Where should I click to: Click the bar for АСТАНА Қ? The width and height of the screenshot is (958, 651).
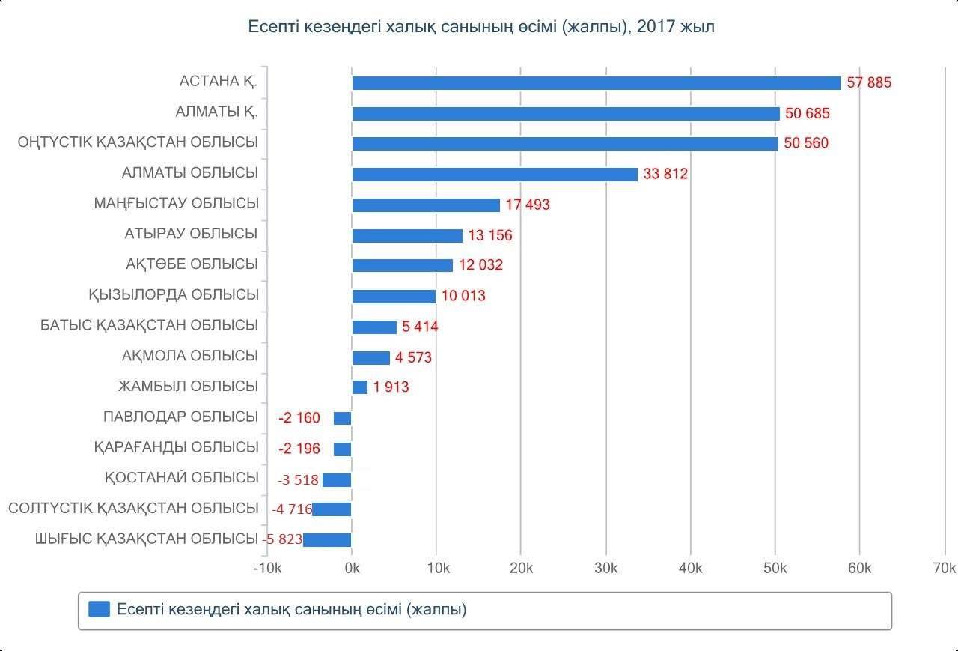(597, 83)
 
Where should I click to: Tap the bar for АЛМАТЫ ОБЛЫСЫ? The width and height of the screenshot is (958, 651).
(495, 175)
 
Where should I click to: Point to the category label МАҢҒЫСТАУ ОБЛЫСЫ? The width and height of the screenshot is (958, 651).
(176, 203)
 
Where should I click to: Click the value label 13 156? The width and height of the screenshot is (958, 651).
(490, 236)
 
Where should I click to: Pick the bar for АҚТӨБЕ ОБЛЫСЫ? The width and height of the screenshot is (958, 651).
(403, 266)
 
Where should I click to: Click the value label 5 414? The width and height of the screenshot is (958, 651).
(420, 327)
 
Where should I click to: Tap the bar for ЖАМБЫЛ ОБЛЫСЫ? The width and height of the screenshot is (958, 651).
(360, 387)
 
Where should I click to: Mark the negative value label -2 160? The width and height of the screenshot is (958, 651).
(299, 418)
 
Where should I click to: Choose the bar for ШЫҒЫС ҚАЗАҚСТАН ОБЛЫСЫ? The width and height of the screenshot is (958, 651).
(327, 540)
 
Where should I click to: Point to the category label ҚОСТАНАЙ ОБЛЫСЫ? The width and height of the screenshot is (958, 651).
(182, 478)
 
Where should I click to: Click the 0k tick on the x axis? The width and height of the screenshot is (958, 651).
(353, 569)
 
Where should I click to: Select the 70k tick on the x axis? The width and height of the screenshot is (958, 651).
(945, 569)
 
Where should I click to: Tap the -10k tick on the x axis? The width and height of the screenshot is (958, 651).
(267, 569)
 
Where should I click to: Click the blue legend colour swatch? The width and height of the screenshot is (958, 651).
(99, 609)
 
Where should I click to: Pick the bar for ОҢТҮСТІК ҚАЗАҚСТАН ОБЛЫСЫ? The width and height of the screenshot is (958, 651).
(565, 144)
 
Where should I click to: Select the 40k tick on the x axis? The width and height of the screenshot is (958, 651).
(690, 569)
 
